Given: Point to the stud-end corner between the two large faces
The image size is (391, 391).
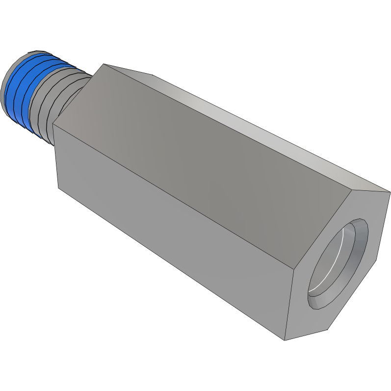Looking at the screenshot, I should click(x=52, y=124).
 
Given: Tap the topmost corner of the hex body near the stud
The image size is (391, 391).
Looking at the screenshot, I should click(x=103, y=63).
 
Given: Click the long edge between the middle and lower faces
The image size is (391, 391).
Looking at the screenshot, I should click(x=172, y=196).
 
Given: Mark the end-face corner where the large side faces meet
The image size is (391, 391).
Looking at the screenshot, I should click(x=293, y=269).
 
